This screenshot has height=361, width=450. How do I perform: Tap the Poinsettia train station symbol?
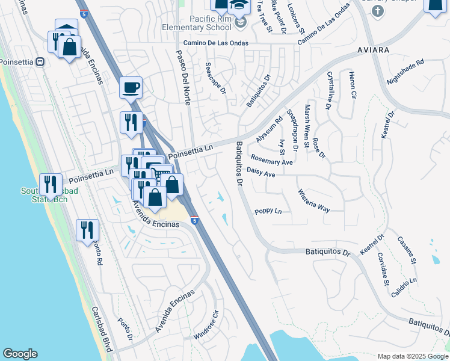pos(40,61)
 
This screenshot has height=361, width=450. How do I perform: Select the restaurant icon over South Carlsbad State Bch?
pos(51,184)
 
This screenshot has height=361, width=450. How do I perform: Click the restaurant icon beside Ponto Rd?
pos(88,230)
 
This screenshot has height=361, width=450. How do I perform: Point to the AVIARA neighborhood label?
pos(372,49)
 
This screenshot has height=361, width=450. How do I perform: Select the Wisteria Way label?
pos(313,201)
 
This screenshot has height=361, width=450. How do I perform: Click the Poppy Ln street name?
pos(268,211)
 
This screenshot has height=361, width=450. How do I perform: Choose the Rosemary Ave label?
pos(271,162)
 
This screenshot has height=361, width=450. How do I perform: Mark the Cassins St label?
pos(407,250)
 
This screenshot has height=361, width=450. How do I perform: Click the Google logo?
pos(20,354)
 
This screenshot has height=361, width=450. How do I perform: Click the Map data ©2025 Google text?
pos(412,356)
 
